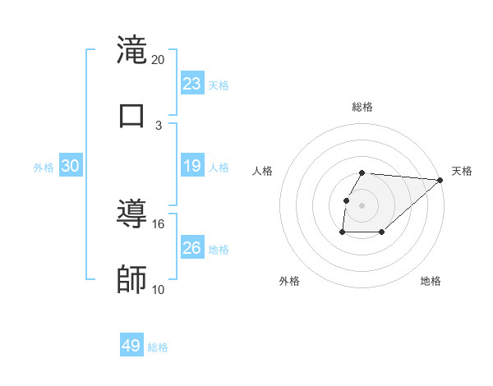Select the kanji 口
tap(132, 114)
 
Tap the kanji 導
tap(132, 214)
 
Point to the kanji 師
tap(132, 280)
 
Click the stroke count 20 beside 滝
tap(159, 59)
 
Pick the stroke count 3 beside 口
tap(159, 125)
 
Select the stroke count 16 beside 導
tap(159, 223)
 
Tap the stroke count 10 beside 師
tap(159, 289)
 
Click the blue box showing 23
tap(192, 84)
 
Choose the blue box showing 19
tap(192, 166)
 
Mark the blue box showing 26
tap(192, 248)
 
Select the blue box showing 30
tap(71, 166)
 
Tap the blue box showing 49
tap(131, 346)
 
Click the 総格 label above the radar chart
tap(362, 107)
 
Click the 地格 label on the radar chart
tap(431, 281)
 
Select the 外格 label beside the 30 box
tap(44, 167)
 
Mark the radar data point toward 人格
tap(347, 200)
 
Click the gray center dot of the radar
tap(362, 205)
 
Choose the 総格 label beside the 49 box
tap(158, 347)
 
